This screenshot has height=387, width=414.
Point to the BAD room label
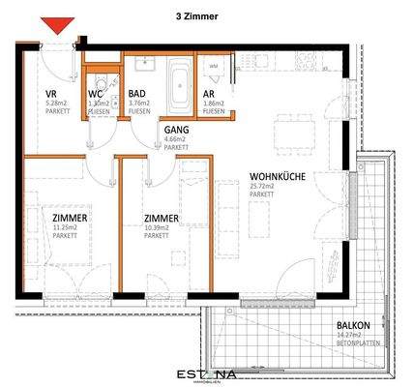coord(136,95)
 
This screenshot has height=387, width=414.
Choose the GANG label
coord(177,129)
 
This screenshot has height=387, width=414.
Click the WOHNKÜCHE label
coord(268,177)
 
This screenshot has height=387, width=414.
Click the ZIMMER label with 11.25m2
coord(70,220)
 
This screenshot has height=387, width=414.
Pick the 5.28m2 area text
coord(55,104)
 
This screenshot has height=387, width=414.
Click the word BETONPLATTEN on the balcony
coord(355,343)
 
